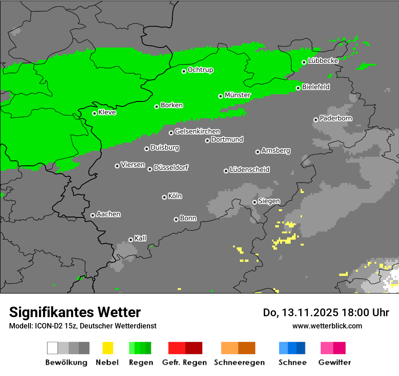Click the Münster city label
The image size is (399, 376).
click(238, 95)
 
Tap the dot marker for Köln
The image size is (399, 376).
click(164, 197)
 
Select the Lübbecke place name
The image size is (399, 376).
click(323, 61)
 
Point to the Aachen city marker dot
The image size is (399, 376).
click(92, 215)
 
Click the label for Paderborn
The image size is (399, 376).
click(336, 119)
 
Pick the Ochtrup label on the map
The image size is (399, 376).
click(200, 70)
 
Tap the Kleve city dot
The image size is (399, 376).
click(94, 113)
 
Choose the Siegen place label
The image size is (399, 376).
click(269, 201)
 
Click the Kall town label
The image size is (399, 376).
click(141, 238)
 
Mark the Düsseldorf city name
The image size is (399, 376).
click(171, 168)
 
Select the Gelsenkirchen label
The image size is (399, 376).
click(197, 132)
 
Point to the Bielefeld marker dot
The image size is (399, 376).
click(298, 88)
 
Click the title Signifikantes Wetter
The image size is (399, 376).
click(75, 312)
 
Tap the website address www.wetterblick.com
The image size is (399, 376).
click(327, 326)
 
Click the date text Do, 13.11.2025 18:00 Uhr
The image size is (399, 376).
click(326, 313)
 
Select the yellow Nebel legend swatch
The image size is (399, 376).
click(107, 348)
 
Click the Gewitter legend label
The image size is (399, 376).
click(334, 362)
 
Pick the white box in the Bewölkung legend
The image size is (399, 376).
click(52, 348)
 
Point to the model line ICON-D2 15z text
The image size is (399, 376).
click(83, 326)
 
